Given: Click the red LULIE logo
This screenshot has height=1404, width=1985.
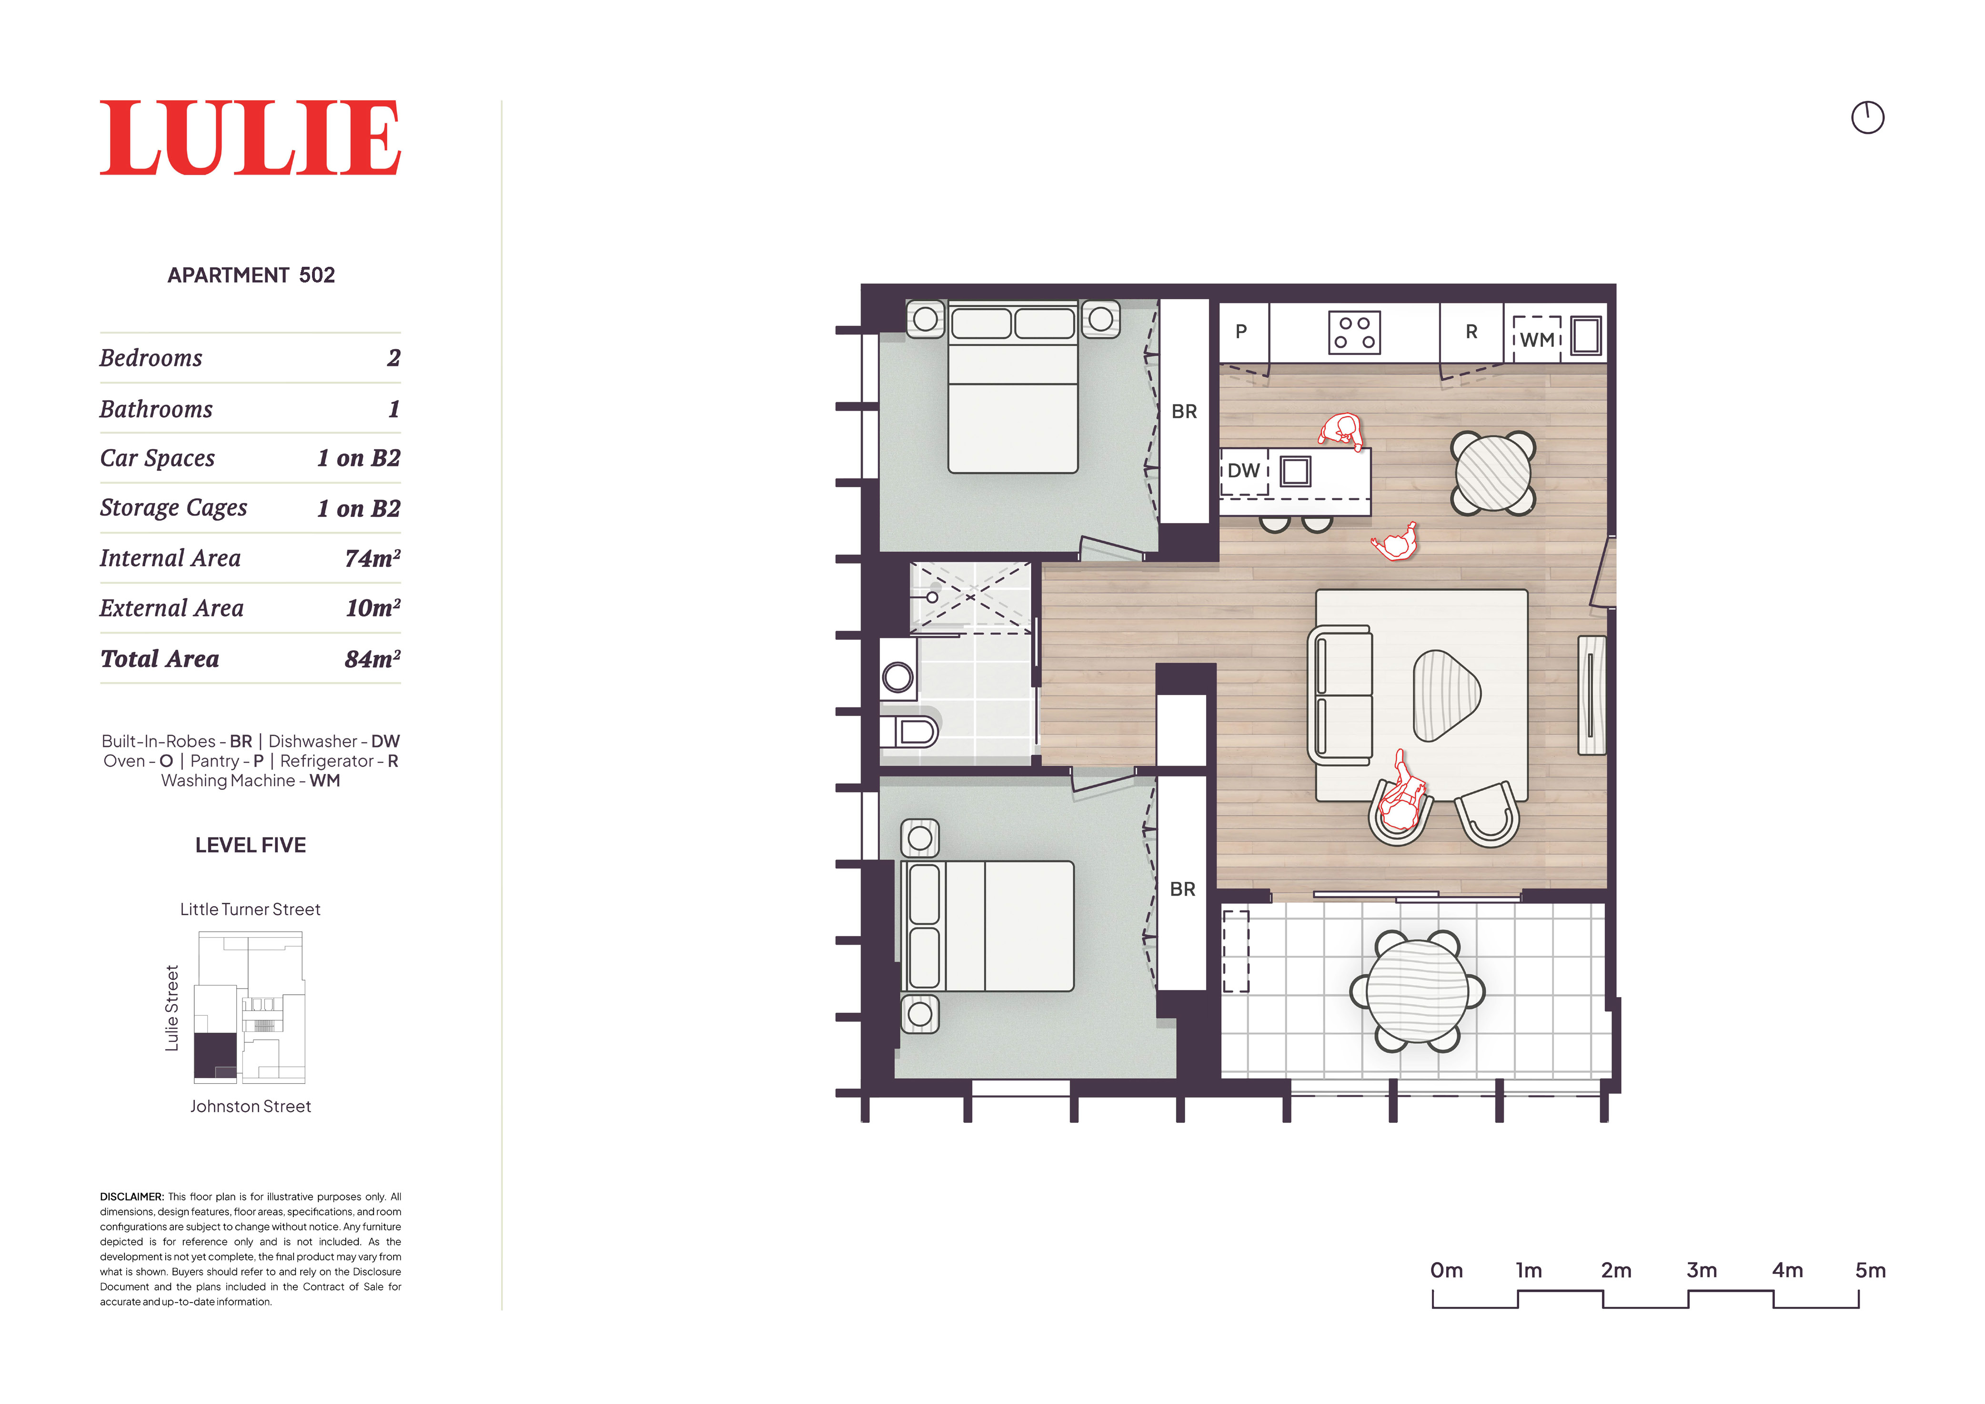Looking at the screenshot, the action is click(250, 138).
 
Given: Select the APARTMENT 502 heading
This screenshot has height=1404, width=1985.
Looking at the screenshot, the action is click(251, 275).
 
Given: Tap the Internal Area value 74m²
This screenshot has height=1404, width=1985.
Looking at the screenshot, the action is click(373, 558).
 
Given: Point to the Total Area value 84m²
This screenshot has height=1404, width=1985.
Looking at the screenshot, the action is click(373, 659).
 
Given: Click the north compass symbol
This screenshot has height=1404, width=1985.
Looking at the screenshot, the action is click(1867, 118).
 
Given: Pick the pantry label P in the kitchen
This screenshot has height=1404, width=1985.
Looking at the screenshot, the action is click(1240, 331).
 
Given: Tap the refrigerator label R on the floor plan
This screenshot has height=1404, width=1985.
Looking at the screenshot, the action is click(1471, 331).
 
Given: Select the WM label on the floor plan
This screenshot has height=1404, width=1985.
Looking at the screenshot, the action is click(1537, 340).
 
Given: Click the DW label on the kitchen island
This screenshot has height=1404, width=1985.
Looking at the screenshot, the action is click(1243, 470).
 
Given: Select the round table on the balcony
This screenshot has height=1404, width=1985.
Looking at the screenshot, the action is click(1417, 991).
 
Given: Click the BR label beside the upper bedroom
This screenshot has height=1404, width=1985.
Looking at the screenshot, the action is click(1184, 412).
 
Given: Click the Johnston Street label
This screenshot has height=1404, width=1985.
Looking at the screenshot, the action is click(251, 1107).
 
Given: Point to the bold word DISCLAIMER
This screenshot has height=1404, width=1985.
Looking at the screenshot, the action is click(131, 1196).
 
